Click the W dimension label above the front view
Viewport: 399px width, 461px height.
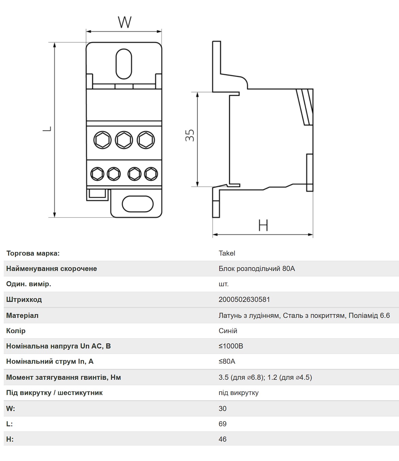125,22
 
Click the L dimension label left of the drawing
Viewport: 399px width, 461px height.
47,129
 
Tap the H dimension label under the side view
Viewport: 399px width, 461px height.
263,225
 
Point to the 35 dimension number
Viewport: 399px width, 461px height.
190,135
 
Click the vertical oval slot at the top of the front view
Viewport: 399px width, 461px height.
124,64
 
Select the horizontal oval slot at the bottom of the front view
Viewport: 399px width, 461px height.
138,204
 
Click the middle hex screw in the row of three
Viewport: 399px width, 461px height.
124,140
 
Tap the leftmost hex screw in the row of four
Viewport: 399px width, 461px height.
97,174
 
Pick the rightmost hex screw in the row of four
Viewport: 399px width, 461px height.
151,174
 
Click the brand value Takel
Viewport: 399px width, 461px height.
227,253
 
